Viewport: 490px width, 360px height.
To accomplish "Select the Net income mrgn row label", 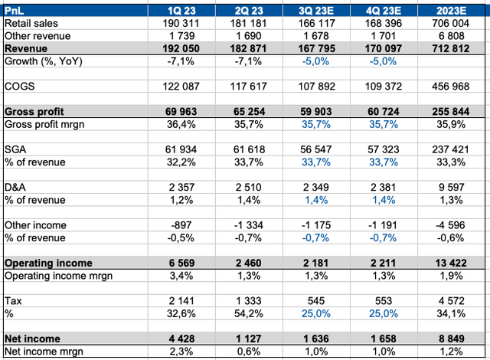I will click(45, 351).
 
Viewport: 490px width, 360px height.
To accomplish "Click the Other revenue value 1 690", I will click(251, 36).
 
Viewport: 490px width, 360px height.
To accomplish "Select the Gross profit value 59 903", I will click(320, 112).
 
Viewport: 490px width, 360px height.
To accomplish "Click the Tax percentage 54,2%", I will click(251, 313).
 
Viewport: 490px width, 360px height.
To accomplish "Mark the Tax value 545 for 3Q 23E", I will click(329, 300).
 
